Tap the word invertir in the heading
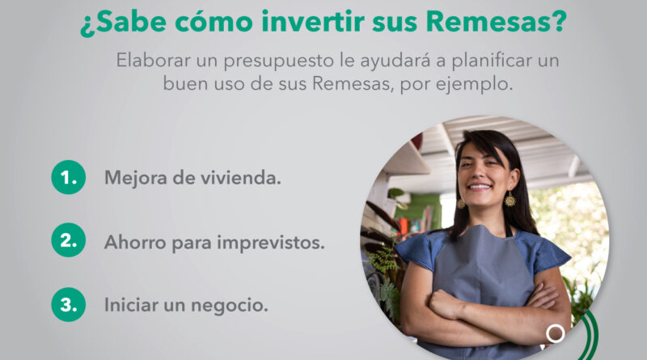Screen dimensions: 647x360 [x=313, y=22]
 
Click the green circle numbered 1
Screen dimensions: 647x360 [x=69, y=177]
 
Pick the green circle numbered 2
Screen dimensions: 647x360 [x=69, y=239]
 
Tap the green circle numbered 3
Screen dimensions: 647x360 [x=69, y=304]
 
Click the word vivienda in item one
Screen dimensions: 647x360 [x=240, y=178]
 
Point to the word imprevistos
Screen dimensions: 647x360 [x=271, y=243]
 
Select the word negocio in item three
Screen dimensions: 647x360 [x=230, y=306]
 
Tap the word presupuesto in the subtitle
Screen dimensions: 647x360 [x=279, y=61]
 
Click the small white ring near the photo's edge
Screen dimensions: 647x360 [x=556, y=333]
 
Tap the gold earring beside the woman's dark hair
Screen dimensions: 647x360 [x=510, y=199]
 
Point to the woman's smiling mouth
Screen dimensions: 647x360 [x=480, y=187]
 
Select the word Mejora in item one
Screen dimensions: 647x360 [x=136, y=178]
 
